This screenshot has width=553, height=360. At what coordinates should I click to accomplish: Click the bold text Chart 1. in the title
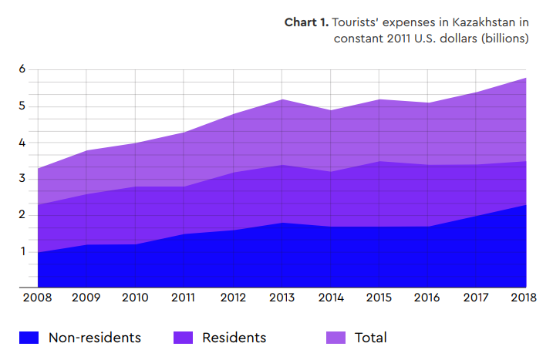click(306, 22)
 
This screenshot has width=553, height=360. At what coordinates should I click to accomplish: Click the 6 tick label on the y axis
click(22, 69)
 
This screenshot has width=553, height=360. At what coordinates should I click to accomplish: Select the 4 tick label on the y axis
click(22, 143)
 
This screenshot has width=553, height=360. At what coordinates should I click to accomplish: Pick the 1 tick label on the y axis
click(23, 251)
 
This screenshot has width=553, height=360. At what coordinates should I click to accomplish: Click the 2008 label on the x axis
click(37, 298)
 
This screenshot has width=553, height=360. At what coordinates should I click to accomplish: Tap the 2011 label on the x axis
click(183, 298)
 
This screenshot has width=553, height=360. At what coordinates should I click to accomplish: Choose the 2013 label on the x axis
click(282, 298)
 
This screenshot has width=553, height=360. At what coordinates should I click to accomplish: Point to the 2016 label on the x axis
click(427, 298)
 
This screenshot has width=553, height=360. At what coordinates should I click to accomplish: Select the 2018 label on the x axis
click(524, 298)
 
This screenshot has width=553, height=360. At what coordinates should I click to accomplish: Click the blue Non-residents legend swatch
click(29, 338)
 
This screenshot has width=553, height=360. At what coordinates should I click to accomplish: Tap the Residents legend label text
click(234, 338)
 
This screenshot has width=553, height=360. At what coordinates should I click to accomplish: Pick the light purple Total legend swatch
click(336, 338)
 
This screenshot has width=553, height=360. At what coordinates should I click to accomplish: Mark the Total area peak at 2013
click(282, 99)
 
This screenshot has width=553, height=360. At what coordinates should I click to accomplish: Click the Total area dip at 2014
click(330, 110)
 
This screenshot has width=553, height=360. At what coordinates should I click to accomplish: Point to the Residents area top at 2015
click(379, 161)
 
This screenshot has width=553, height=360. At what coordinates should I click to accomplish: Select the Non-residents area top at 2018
click(526, 205)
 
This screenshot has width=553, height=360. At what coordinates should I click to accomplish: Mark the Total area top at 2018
click(526, 78)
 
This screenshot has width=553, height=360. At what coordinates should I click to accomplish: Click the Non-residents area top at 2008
click(38, 252)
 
